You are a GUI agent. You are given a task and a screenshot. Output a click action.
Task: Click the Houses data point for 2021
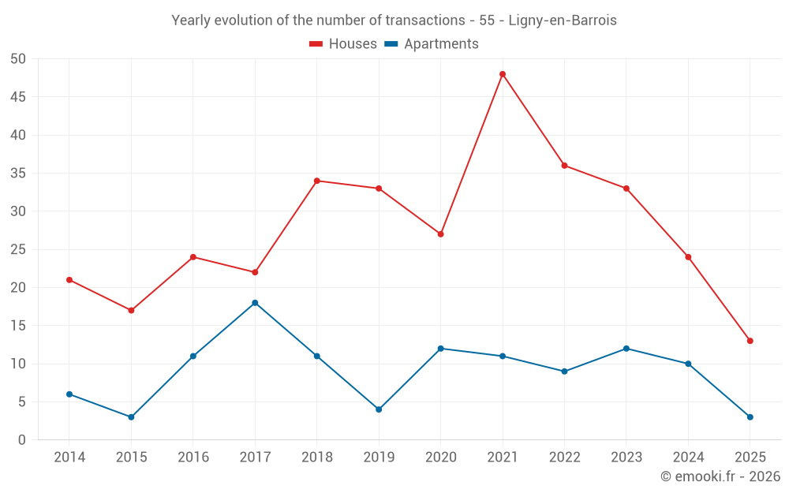point(503,74)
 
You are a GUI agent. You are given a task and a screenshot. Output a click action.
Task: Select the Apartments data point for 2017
point(255,303)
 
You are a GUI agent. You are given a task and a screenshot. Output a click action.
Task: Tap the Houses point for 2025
point(750,341)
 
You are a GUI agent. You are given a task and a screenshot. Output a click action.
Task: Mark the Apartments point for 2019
point(379,409)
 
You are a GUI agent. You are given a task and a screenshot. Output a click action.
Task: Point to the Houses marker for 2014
point(69,280)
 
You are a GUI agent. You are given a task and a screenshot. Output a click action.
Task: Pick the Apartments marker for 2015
point(131,417)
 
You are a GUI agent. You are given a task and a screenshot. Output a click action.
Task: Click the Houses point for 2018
point(317,181)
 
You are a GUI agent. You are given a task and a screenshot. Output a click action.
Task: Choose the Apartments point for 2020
point(440,349)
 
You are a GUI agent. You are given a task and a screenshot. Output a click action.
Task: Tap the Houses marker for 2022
point(564,166)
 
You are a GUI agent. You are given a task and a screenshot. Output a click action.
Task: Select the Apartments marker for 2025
point(750,417)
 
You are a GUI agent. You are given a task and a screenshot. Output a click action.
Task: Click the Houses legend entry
point(343,44)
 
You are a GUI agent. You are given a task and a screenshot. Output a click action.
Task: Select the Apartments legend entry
point(432,44)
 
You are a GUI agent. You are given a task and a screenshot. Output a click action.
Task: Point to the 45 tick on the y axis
point(18,97)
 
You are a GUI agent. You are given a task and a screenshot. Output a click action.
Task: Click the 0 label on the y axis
point(22,440)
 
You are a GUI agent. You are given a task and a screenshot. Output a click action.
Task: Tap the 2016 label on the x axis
point(193,458)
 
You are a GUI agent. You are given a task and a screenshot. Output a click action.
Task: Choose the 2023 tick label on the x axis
point(626,458)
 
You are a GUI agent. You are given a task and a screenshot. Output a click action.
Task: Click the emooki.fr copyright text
point(720,476)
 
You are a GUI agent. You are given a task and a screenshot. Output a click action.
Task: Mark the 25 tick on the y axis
point(18,249)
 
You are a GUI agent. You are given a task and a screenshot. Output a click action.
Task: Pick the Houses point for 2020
point(440,234)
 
